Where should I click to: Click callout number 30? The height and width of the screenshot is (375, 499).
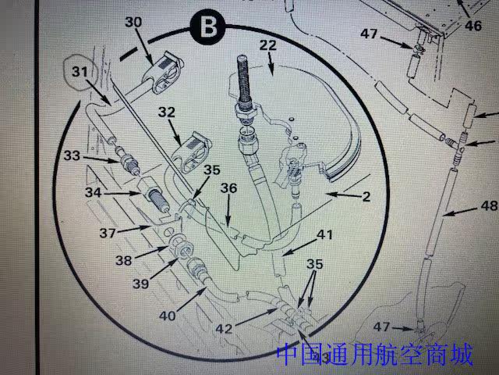[x=133, y=23]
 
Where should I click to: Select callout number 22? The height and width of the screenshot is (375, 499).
[x=267, y=45]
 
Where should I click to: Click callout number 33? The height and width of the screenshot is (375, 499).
[x=73, y=156]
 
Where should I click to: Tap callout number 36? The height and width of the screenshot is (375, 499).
[x=228, y=188]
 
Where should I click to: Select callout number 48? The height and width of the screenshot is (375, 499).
[x=488, y=207]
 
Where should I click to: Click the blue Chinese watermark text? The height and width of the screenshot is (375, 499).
[x=374, y=356]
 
